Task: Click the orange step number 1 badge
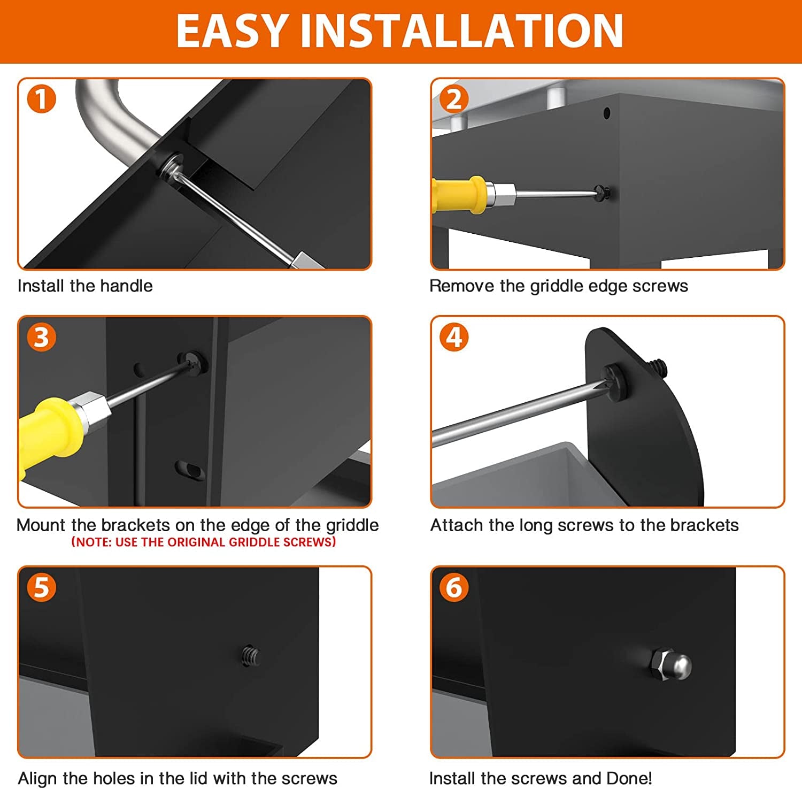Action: pos(41,99)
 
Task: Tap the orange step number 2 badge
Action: pos(454,99)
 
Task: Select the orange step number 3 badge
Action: pos(41,338)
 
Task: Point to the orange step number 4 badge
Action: pos(454,338)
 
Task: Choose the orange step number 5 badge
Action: pos(41,587)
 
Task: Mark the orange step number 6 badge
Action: pos(454,587)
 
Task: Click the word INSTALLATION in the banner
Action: pos(462,31)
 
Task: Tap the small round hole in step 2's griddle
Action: pos(606,113)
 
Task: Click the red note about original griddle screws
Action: pos(204,542)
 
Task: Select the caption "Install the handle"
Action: pos(85,286)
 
